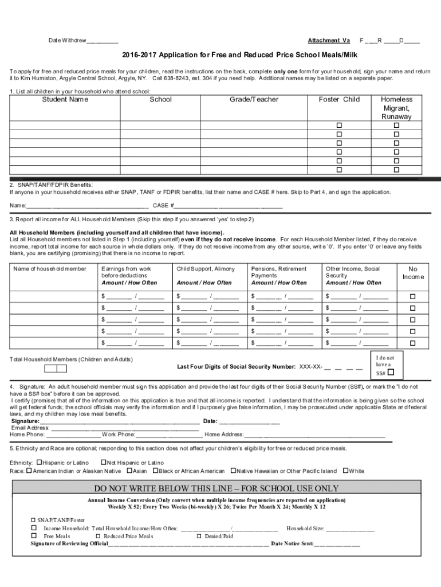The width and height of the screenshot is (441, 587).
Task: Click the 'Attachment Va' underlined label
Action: pyautogui.click(x=329, y=41)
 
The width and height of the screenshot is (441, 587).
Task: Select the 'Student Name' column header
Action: pyautogui.click(x=65, y=100)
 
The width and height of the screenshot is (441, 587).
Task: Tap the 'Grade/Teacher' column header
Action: pyautogui.click(x=254, y=100)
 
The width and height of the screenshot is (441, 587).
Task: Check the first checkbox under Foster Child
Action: pyautogui.click(x=339, y=126)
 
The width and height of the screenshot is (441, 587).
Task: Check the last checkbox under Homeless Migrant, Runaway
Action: pyautogui.click(x=396, y=170)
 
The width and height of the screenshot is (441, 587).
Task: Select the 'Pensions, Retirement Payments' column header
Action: pyautogui.click(x=279, y=272)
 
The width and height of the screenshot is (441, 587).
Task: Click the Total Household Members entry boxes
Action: pyautogui.click(x=56, y=369)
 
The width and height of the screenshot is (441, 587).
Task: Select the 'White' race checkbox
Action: pyautogui.click(x=345, y=471)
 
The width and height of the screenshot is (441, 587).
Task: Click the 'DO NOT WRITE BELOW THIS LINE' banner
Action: pyautogui.click(x=220, y=488)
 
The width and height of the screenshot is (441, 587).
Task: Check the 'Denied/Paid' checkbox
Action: pyautogui.click(x=199, y=536)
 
